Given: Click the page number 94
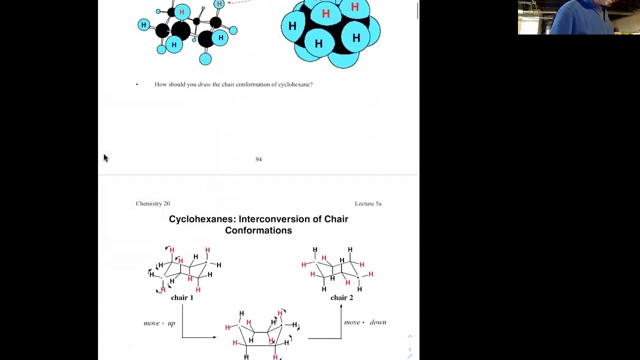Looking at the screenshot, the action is [x=258, y=159].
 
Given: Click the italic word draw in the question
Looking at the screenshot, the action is [x=204, y=84].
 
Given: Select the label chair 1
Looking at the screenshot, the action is [x=182, y=297].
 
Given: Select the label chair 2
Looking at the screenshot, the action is [x=341, y=297].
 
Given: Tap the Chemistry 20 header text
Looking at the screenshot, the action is [x=153, y=203].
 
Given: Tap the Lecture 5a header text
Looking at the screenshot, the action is [x=368, y=203].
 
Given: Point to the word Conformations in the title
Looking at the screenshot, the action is [x=258, y=230].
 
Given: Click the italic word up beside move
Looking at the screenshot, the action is [x=171, y=323].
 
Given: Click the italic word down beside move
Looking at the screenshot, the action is [x=378, y=322].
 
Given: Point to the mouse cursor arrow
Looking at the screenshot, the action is [x=105, y=158].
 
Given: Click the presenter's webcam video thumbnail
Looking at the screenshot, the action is [x=579, y=17].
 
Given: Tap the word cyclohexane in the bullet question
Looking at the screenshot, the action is [x=294, y=84].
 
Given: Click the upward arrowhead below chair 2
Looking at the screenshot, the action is [x=341, y=306].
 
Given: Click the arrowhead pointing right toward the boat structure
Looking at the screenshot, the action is [x=214, y=337].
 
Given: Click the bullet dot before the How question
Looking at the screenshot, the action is [x=137, y=84].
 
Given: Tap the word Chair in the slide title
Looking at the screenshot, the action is [x=336, y=219].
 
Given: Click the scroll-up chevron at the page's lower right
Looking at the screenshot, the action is [x=410, y=336].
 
